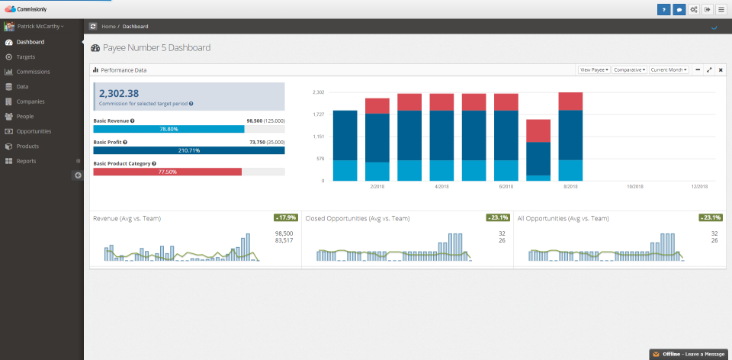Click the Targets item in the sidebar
[x=25, y=57]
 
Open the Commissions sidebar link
[x=33, y=72]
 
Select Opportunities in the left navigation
[x=34, y=131]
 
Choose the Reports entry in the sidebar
[x=26, y=161]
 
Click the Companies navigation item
[x=30, y=101]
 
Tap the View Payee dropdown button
[x=594, y=69]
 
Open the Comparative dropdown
[x=629, y=69]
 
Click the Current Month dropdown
[x=669, y=69]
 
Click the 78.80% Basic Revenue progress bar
[x=169, y=129]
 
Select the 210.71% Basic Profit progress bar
[x=188, y=150]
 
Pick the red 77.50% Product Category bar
[x=167, y=172]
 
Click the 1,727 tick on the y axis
[x=318, y=114]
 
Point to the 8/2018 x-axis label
[x=570, y=186]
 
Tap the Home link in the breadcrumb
[x=108, y=27]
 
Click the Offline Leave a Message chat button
[x=689, y=354]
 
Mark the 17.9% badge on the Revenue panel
[x=286, y=217]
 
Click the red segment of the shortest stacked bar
[x=538, y=130]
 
